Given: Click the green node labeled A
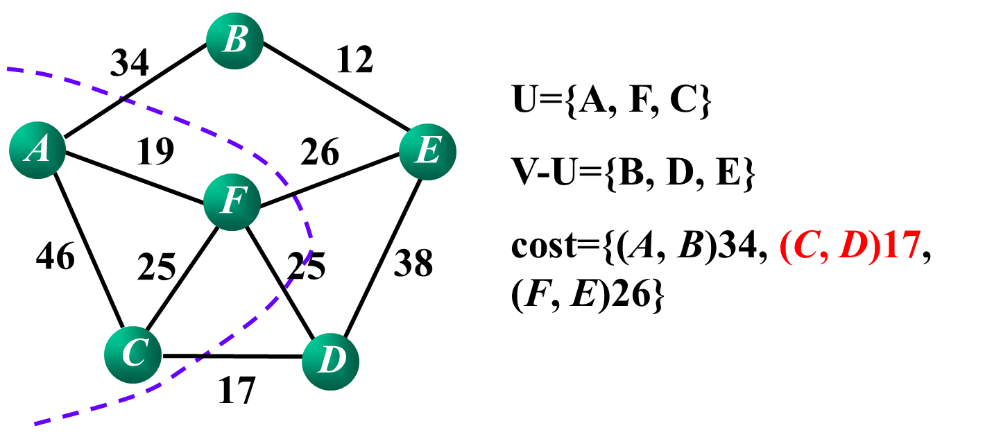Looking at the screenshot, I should click(x=37, y=150).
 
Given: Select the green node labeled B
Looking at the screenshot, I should click(x=234, y=40).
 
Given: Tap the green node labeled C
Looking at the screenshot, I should click(x=133, y=354).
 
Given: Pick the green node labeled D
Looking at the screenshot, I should click(x=330, y=361).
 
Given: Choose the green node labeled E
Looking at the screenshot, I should click(x=427, y=151).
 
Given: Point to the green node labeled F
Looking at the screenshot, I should click(x=232, y=202).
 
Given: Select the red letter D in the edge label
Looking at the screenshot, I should click(x=853, y=246).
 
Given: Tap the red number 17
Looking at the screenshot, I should click(x=901, y=246).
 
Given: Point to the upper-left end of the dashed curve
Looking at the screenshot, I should click(x=8, y=69).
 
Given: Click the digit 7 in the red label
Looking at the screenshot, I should click(x=911, y=246).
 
